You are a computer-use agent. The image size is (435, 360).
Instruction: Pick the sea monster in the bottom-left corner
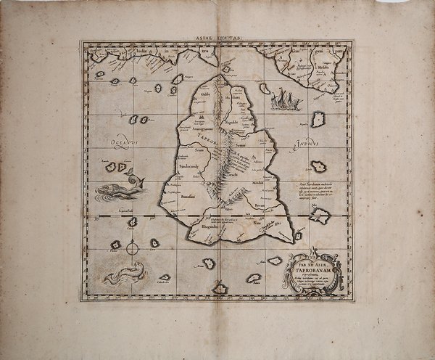tap(123, 274)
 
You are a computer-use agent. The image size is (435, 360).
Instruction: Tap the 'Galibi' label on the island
tap(205, 95)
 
